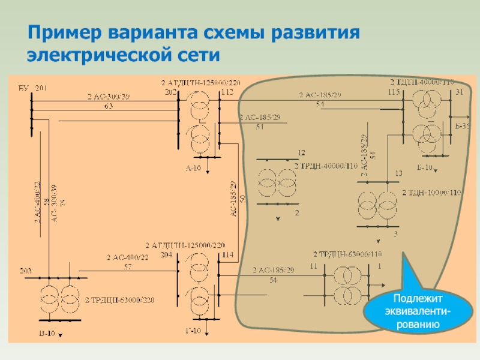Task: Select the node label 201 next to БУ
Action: pyautogui.click(x=41, y=88)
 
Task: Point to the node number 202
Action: pyautogui.click(x=170, y=92)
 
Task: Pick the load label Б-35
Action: pyautogui.click(x=462, y=126)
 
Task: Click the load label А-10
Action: pyautogui.click(x=193, y=168)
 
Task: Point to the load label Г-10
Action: pyautogui.click(x=193, y=332)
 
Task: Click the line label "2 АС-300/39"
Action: pyautogui.click(x=109, y=97)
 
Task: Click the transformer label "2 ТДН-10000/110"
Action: pyautogui.click(x=432, y=193)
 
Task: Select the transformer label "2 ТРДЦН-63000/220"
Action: pyautogui.click(x=116, y=299)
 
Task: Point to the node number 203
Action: pyautogui.click(x=26, y=270)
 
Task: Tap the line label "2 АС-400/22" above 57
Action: pyautogui.click(x=127, y=257)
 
